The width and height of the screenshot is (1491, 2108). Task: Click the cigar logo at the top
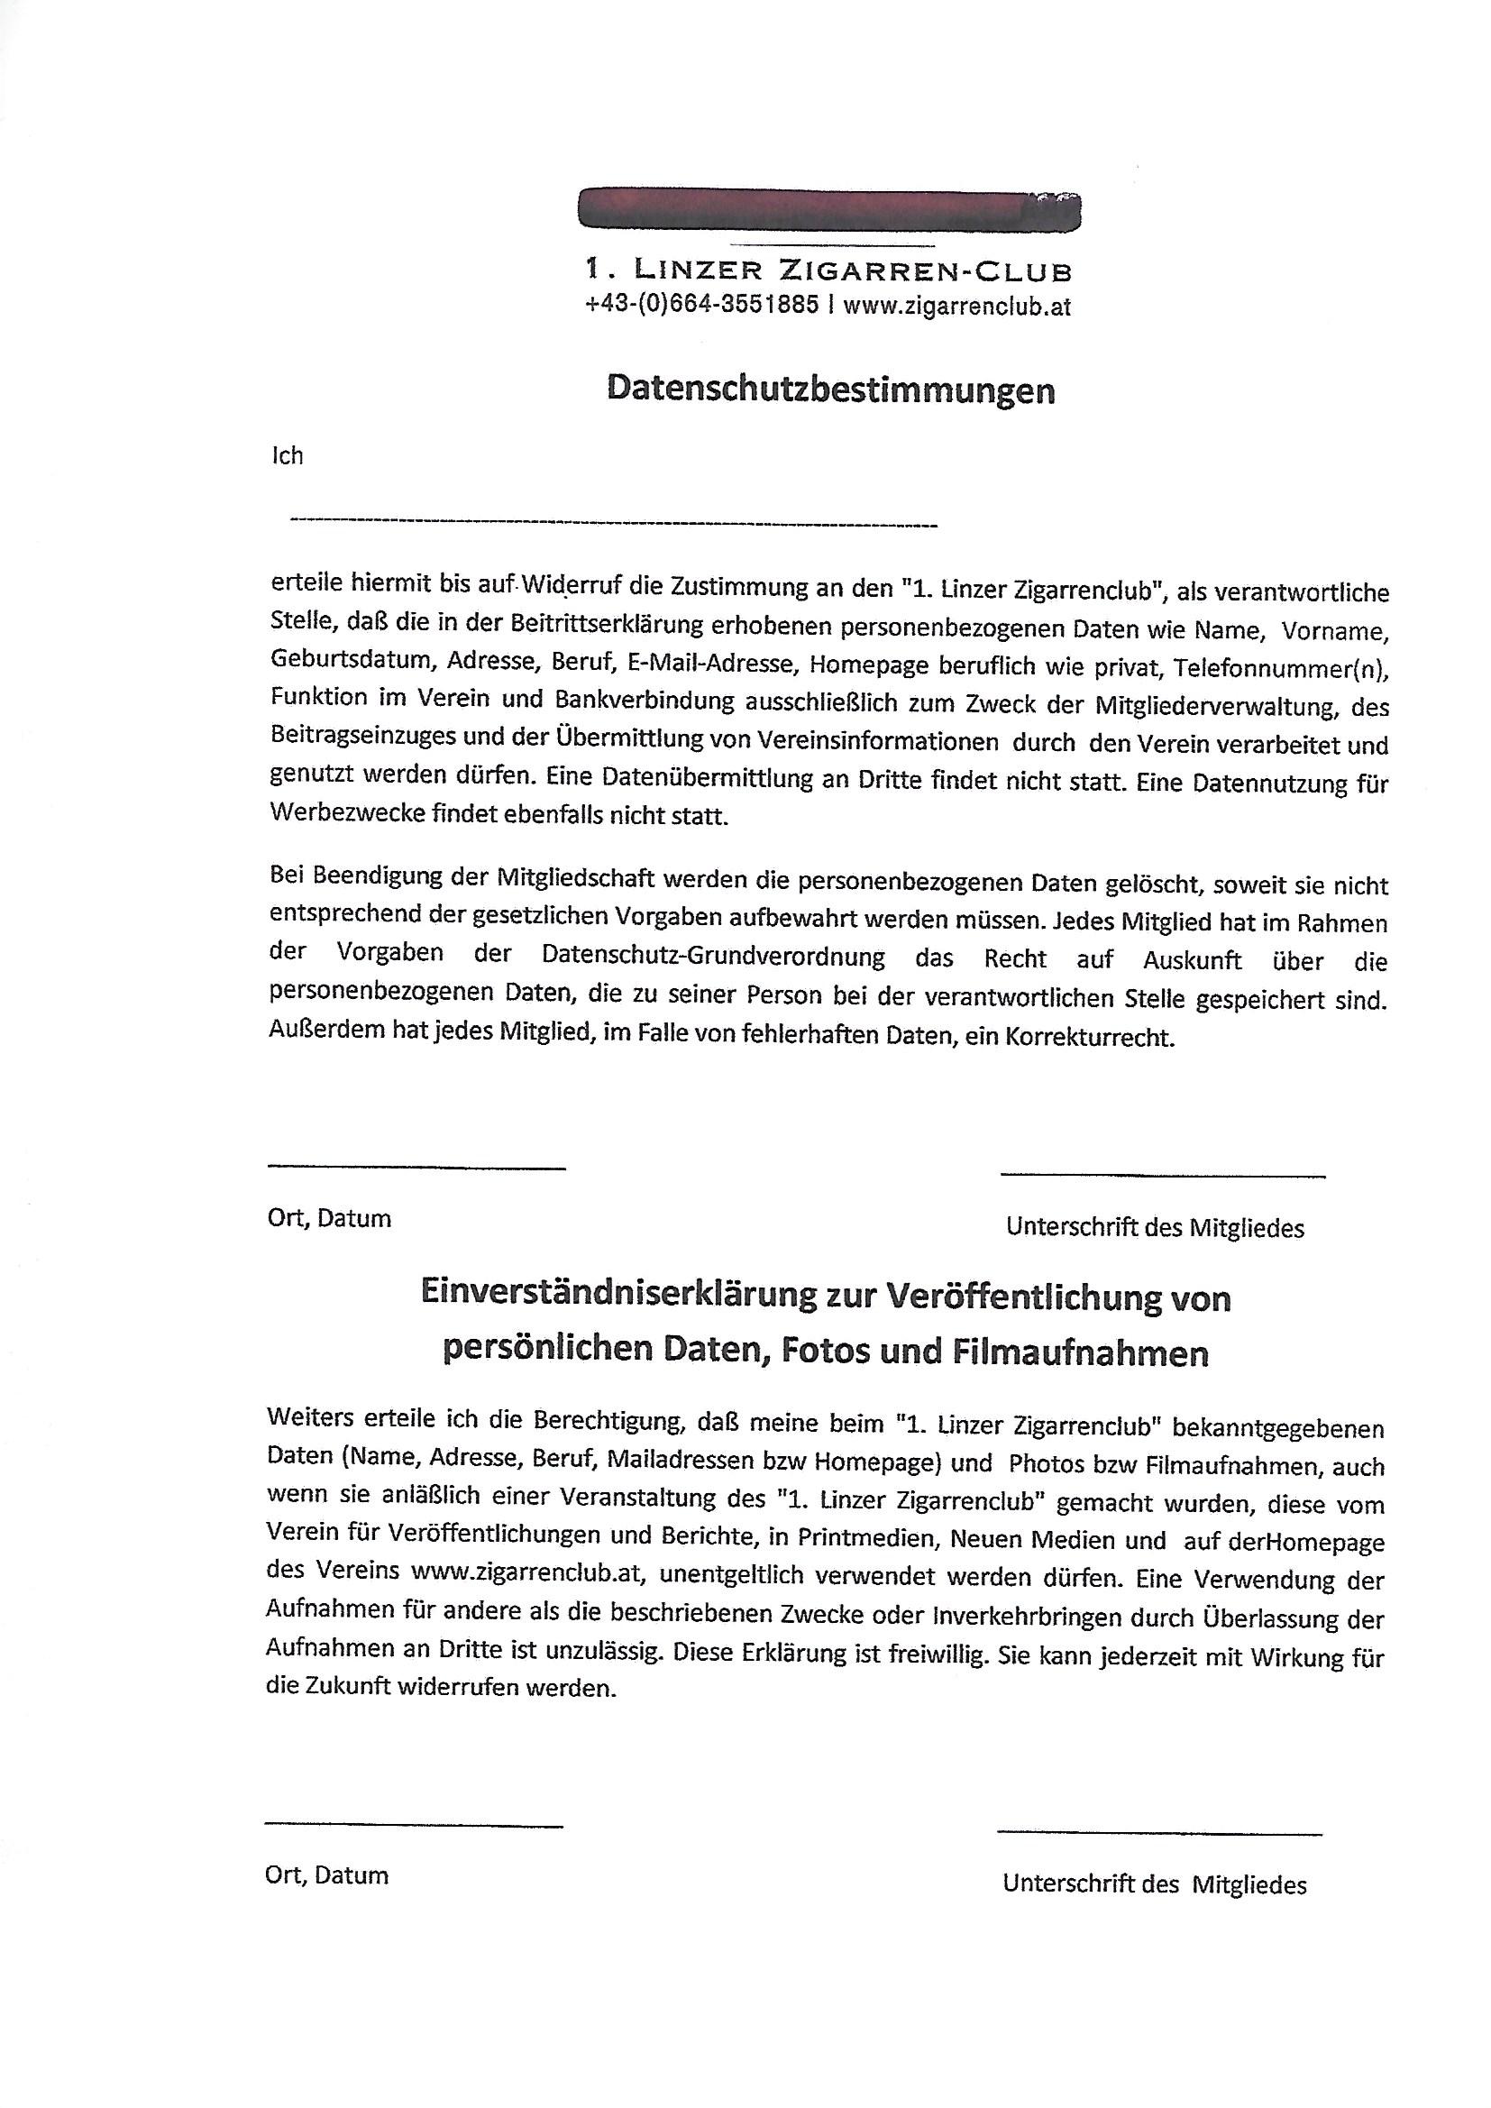coord(829,208)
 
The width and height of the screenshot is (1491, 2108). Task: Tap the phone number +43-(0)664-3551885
coord(701,306)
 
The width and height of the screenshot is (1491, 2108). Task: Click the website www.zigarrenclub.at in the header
coord(956,307)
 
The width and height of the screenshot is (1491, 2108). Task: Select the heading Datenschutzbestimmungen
coord(830,390)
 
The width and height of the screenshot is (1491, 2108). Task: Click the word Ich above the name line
coord(287,455)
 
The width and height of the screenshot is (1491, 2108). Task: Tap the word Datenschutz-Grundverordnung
coord(713,957)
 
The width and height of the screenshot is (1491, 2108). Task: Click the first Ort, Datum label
coord(329,1218)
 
